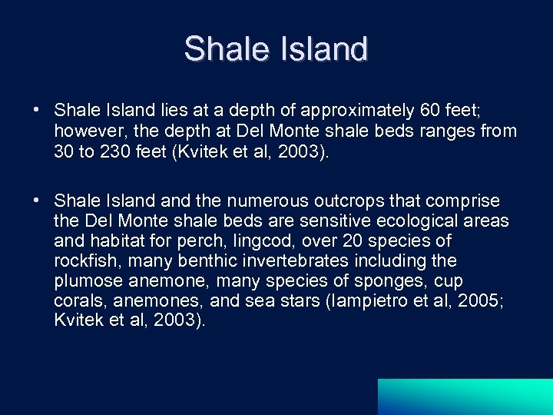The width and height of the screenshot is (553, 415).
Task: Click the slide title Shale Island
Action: pyautogui.click(x=276, y=49)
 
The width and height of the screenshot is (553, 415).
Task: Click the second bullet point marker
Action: pyautogui.click(x=36, y=201)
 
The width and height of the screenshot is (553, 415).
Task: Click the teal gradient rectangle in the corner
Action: pyautogui.click(x=465, y=397)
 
